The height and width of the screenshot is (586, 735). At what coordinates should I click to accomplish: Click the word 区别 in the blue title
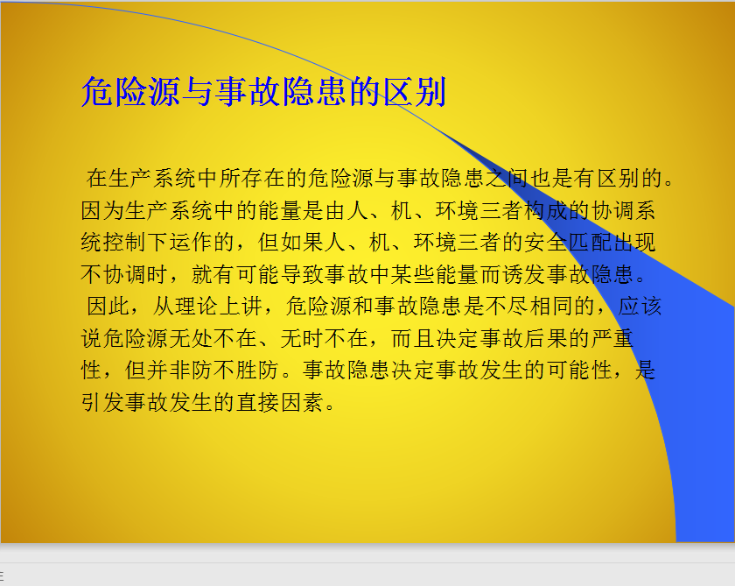tap(415, 91)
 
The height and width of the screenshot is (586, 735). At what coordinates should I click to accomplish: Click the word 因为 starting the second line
tap(102, 210)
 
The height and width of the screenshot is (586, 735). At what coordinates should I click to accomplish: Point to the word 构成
tap(546, 210)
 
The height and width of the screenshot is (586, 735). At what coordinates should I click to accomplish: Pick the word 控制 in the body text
tap(124, 242)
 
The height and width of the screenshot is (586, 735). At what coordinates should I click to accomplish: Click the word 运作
tap(192, 242)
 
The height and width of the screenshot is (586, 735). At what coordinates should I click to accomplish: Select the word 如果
tap(303, 242)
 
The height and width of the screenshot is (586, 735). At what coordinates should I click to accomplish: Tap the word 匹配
tap(590, 242)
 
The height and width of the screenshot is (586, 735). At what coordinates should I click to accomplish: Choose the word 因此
tap(108, 306)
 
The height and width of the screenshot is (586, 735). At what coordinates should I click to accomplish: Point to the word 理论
tap(198, 306)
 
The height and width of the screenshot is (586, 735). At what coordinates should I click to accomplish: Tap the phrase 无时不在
tap(325, 338)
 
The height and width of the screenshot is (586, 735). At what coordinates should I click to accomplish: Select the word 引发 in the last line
tap(102, 402)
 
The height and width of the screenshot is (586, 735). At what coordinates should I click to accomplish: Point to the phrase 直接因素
tap(280, 402)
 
